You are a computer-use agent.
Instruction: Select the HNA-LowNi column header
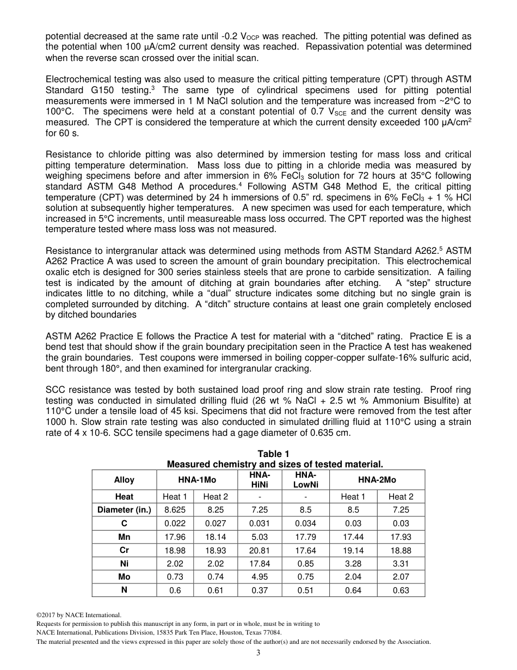306,480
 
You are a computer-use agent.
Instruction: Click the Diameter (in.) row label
124,510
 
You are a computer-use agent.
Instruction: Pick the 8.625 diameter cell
175,510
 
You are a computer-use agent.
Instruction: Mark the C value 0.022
175,523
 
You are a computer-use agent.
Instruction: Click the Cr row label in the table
124,550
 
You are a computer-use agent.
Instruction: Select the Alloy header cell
124,480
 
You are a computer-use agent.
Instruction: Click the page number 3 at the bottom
258,653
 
